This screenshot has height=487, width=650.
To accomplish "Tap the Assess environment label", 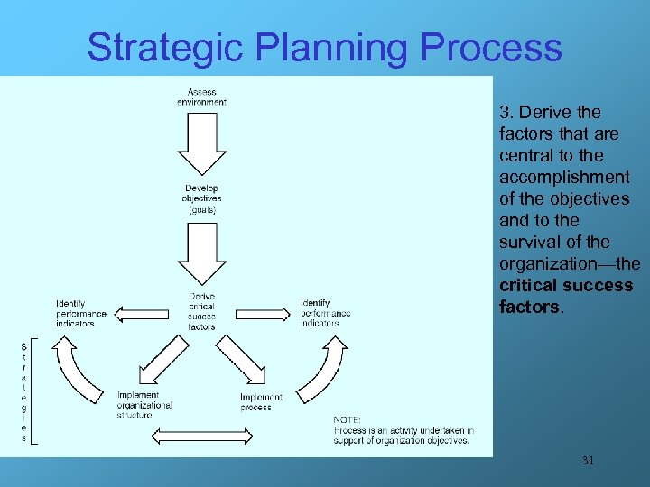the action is [x=201, y=96].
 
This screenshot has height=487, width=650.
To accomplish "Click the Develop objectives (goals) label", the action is [x=201, y=199].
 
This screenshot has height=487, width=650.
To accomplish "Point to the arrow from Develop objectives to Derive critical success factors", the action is [x=201, y=253].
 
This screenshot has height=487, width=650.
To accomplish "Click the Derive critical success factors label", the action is [x=201, y=311].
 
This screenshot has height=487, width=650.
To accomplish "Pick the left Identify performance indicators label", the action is [x=80, y=313].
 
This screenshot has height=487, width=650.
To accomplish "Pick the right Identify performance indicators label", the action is [x=326, y=313].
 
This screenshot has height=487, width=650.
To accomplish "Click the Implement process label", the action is [x=261, y=402].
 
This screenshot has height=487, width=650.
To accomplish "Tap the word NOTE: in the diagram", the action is [x=348, y=419].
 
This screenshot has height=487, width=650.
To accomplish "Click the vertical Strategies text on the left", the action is [x=24, y=392].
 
